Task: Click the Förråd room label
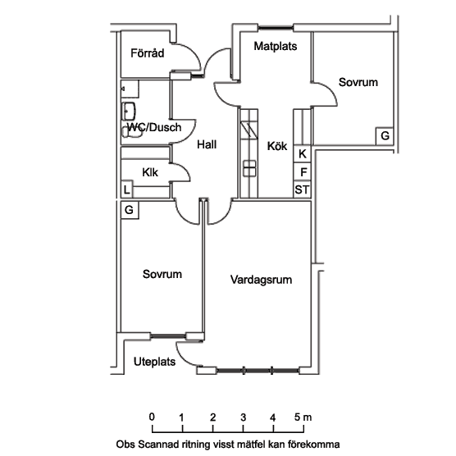tap(147, 53)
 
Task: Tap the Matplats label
tap(276, 46)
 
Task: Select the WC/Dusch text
tap(154, 127)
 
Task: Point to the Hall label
tap(207, 144)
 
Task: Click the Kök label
tap(277, 146)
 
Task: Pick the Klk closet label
tap(150, 172)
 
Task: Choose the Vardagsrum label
tap(261, 280)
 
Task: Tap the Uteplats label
tap(154, 362)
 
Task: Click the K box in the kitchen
tap(302, 154)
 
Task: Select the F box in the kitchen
tap(302, 171)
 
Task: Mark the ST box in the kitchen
tap(302, 189)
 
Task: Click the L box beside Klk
tap(127, 189)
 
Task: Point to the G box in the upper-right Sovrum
tap(385, 136)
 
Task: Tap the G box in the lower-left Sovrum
tap(130, 210)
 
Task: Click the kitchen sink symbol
tap(249, 168)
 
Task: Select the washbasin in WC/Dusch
tap(129, 111)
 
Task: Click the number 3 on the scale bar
tap(244, 417)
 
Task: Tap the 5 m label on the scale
tap(303, 417)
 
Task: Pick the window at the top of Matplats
tap(276, 28)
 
